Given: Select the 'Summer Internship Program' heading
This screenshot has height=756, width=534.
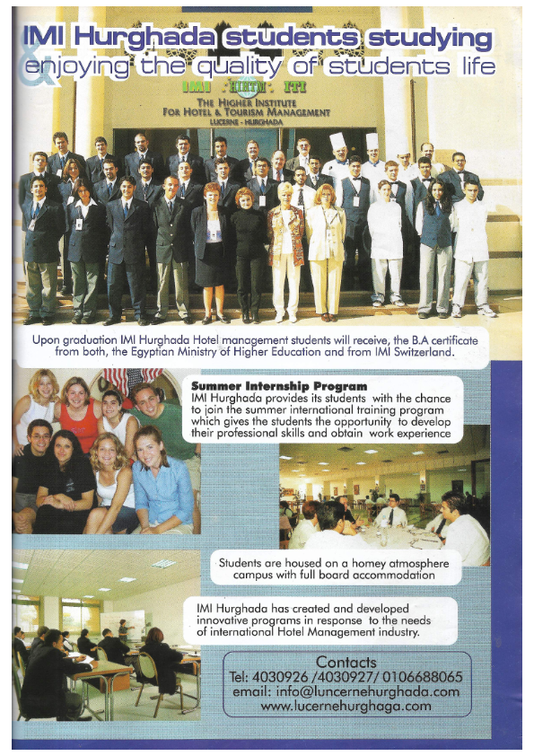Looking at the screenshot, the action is (279, 386).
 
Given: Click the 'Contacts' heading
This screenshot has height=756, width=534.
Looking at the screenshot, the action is (359, 662).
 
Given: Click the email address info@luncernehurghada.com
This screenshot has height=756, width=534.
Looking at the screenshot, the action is (359, 691).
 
